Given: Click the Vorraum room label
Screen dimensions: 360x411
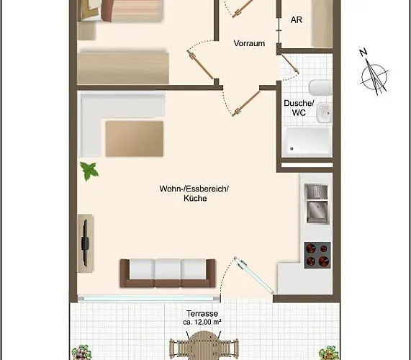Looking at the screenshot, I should (249, 43).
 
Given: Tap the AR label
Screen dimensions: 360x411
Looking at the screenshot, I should (296, 20).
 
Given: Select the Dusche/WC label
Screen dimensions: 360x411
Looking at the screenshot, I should (295, 108).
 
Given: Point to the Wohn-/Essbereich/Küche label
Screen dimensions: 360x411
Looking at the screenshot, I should (194, 194).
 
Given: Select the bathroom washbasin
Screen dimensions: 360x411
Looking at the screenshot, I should (324, 112).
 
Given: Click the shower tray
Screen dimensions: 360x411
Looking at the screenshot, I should (307, 142).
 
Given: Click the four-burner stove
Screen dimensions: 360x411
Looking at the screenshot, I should (317, 253).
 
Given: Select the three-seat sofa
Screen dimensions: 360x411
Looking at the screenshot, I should (168, 272).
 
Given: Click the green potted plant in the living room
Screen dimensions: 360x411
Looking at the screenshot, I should (89, 171).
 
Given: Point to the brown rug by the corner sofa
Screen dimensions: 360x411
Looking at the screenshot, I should (134, 138).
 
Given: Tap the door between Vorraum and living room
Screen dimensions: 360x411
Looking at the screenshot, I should (242, 102).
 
